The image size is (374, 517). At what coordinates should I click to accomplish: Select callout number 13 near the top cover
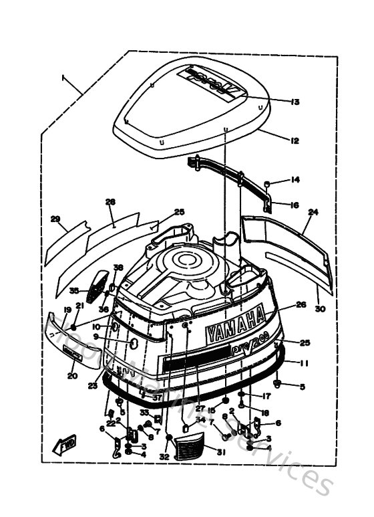point(295,102)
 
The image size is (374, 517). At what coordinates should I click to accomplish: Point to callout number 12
point(295,141)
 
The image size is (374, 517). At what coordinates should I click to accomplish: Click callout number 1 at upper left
point(65,78)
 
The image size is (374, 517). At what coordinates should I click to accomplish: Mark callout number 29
point(55,219)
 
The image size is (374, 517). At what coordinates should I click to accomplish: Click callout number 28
point(110,201)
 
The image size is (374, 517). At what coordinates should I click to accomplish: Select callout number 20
point(71,375)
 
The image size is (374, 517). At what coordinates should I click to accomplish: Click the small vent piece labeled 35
point(102,283)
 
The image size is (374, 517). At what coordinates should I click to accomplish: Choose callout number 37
point(156,397)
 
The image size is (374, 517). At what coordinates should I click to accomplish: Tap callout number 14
point(295,180)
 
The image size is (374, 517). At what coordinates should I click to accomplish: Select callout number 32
point(164,457)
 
